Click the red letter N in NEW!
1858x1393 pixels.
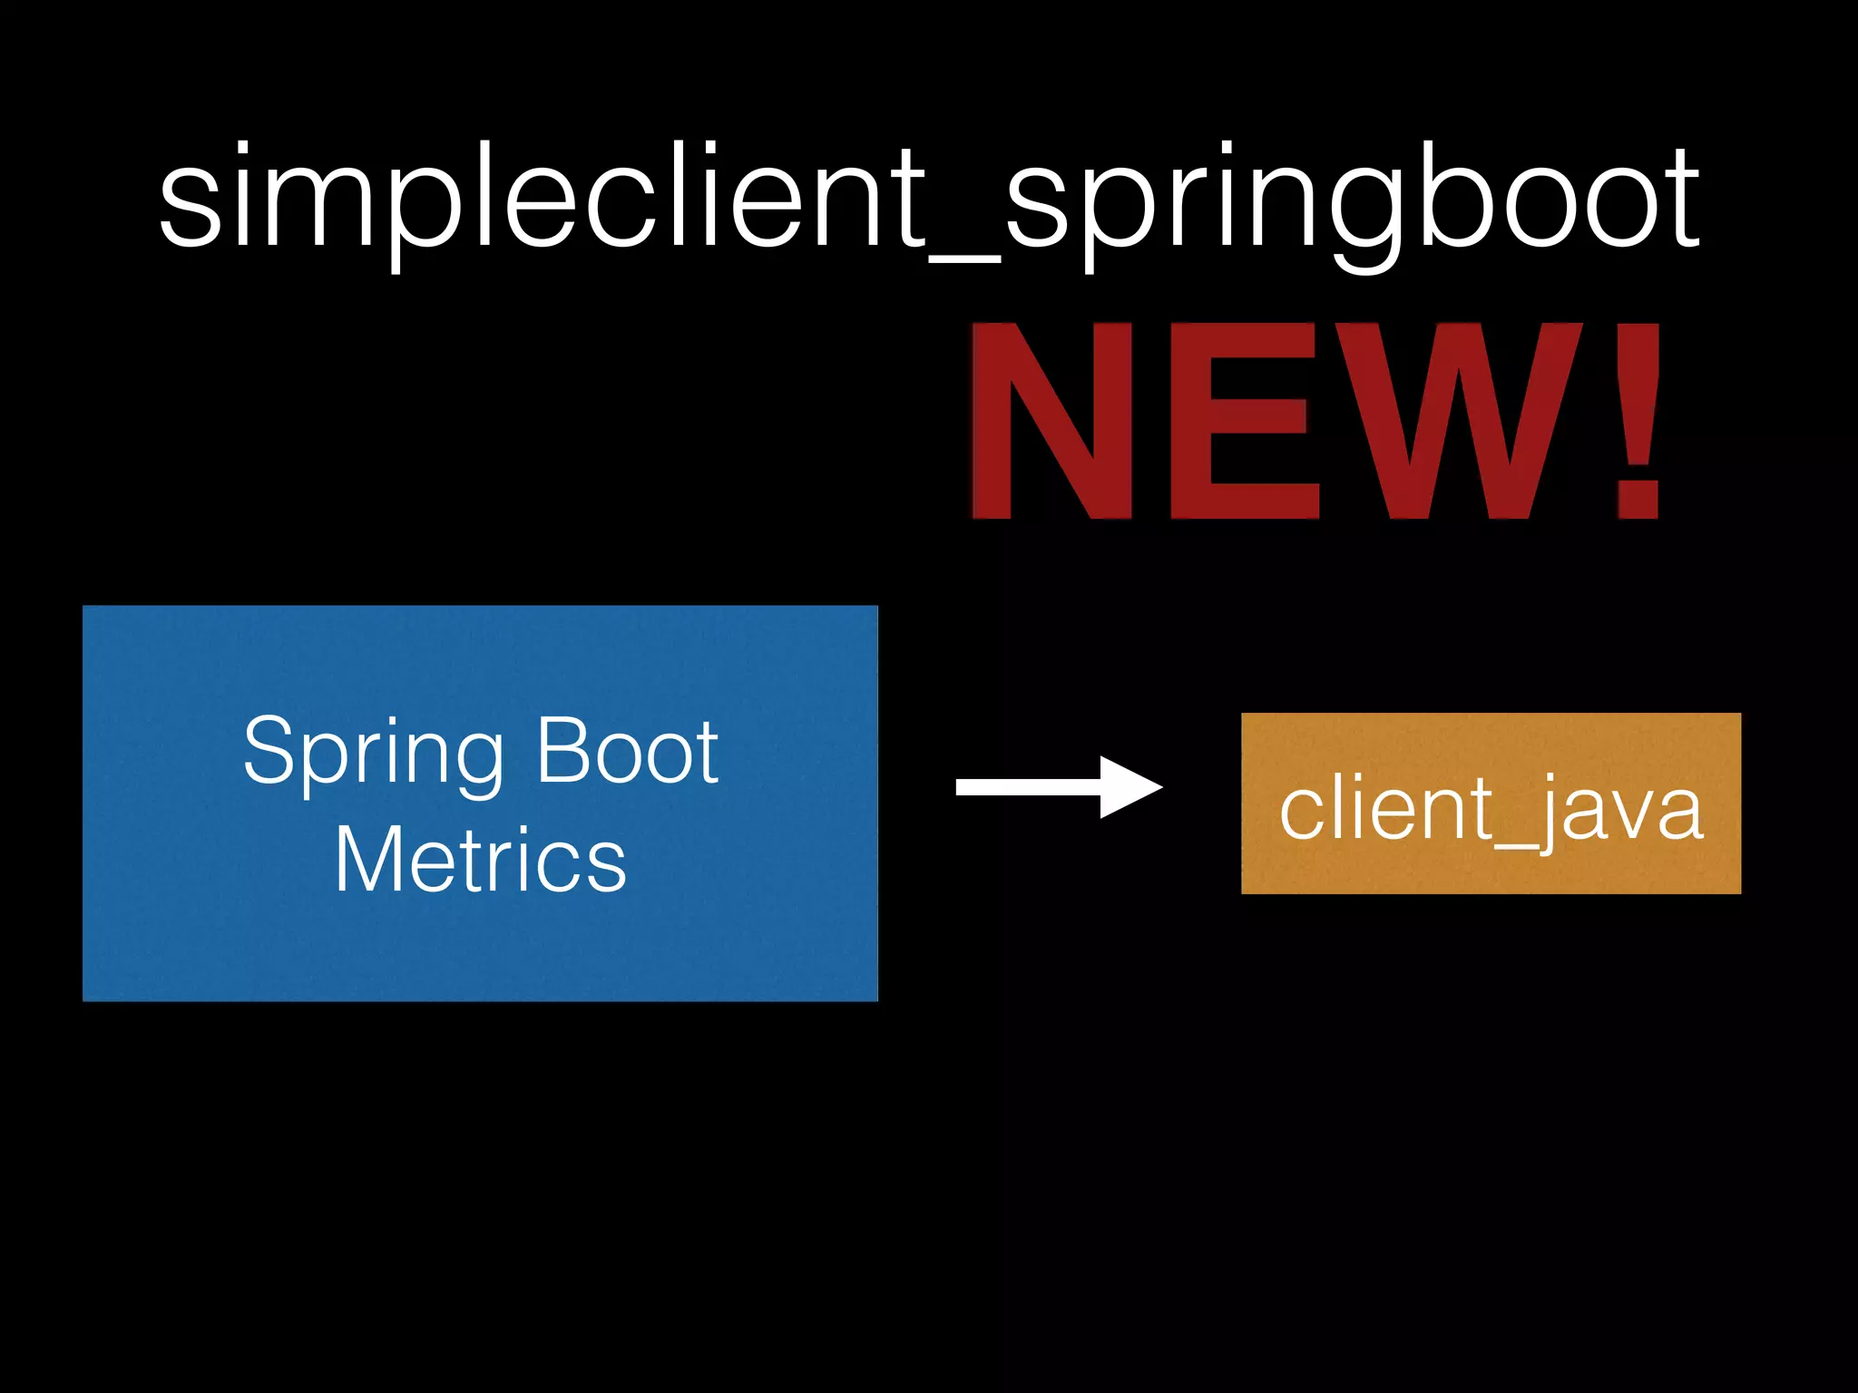pyautogui.click(x=1052, y=421)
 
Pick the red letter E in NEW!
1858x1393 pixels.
pyautogui.click(x=1243, y=421)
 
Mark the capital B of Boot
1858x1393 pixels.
pyautogui.click(x=562, y=750)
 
